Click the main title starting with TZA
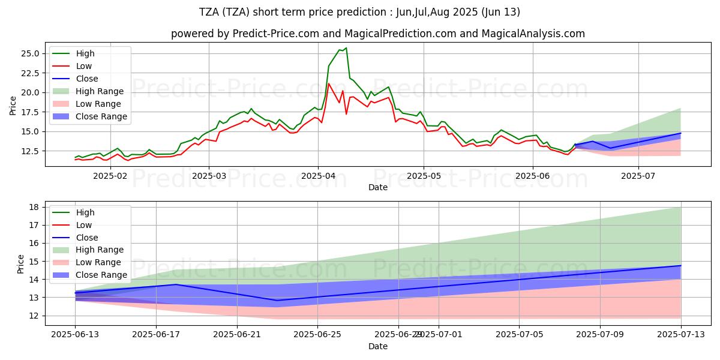click(359, 12)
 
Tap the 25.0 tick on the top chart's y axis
click(30, 53)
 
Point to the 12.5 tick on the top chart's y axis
click(30, 151)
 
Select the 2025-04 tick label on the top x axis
click(317, 176)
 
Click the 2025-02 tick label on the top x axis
click(110, 176)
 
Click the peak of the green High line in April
click(346, 48)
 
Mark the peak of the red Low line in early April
click(328, 83)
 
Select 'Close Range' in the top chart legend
click(101, 116)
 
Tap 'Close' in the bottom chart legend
click(88, 238)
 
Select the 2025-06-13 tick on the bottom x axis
click(75, 335)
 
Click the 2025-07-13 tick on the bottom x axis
click(681, 335)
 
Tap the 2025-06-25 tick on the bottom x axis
click(317, 335)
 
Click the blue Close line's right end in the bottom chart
click(681, 266)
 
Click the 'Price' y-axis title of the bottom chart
click(21, 263)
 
